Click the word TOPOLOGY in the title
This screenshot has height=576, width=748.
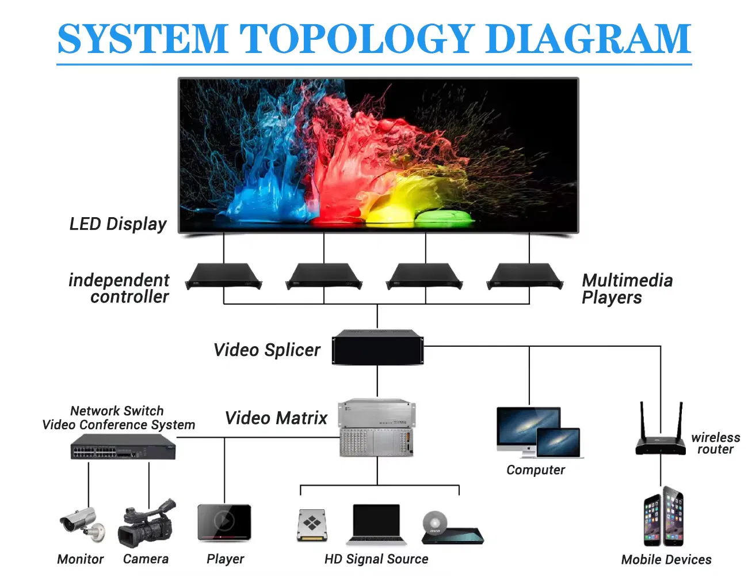355,38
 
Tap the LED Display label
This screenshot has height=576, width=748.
118,224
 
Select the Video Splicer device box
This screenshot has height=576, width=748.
377,347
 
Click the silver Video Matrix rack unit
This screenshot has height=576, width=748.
377,428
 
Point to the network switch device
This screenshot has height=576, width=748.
123,446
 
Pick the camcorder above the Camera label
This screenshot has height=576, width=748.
147,523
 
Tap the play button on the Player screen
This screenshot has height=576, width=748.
224,520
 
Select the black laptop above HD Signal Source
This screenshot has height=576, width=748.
376,525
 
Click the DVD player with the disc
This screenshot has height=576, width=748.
452,528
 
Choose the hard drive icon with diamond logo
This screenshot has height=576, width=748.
312,525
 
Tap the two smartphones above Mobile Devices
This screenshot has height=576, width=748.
663,517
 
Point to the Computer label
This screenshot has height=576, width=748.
536,470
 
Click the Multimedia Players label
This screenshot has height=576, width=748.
627,289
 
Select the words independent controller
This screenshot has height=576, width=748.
119,289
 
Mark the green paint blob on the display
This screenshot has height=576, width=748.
444,218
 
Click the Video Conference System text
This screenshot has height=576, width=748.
119,425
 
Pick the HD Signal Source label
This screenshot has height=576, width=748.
376,559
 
